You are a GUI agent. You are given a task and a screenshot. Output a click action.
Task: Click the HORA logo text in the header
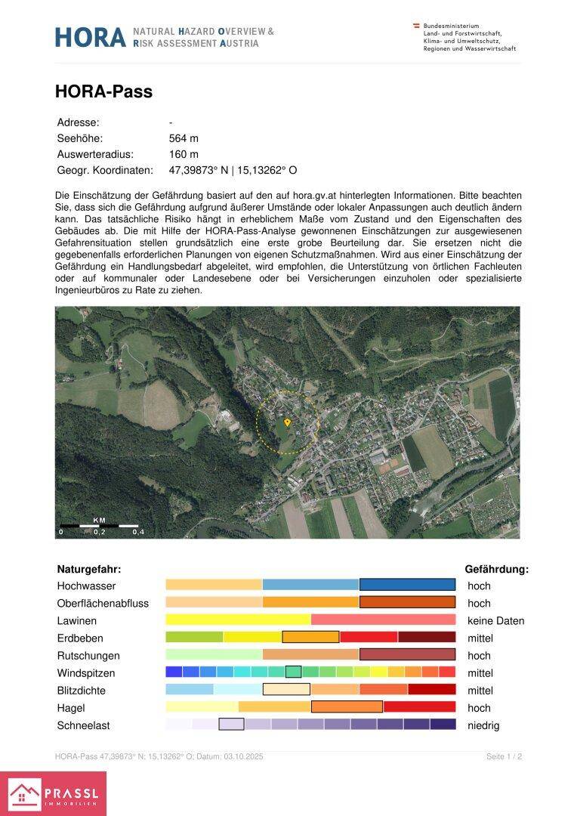pos(90,37)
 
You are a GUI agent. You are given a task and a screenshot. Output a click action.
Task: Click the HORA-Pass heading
pos(103,92)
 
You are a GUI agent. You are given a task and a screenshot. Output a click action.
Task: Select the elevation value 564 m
pos(184,138)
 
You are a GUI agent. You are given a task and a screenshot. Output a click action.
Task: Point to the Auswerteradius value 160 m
pos(184,154)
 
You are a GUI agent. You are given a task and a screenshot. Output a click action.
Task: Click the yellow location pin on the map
pos(287,422)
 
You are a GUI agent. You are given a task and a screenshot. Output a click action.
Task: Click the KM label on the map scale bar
pos(99,520)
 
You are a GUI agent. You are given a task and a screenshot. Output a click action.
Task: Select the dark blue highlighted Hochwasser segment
pos(407,585)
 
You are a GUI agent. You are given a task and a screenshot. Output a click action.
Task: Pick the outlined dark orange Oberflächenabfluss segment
pos(407,602)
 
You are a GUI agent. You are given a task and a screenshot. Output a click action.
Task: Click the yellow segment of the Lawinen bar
pos(238,620)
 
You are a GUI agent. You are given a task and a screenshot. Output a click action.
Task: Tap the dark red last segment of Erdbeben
pos(427,638)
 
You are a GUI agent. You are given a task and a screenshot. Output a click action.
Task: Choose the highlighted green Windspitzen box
pos(293,672)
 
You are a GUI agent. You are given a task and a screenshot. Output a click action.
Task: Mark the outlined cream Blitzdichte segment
pos(286,689)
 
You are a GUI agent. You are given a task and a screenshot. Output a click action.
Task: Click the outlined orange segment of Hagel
pos(347,707)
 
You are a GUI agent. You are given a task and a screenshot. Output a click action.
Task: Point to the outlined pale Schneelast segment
pos(231,725)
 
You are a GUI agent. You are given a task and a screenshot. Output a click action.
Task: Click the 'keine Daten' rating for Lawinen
pos(495,621)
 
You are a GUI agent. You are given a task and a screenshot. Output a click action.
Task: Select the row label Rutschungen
pos(88,656)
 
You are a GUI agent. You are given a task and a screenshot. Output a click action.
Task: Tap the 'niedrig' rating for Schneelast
pos(483,725)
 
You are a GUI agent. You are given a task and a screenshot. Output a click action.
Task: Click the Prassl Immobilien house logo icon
pos(24,794)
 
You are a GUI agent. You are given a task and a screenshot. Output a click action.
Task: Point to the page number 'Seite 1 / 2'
pos(504,756)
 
